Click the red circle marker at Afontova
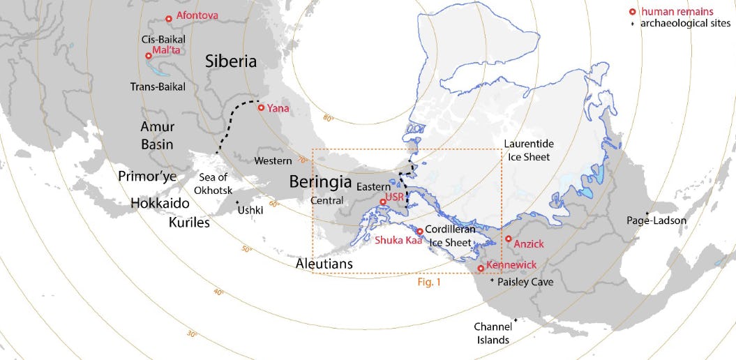pyautogui.click(x=168, y=19)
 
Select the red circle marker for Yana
pyautogui.click(x=261, y=107)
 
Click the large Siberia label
pyautogui.click(x=231, y=61)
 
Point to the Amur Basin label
pyautogui.click(x=157, y=136)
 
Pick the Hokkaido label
pyautogui.click(x=160, y=204)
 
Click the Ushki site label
pyautogui.click(x=251, y=209)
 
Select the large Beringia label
pyautogui.click(x=320, y=183)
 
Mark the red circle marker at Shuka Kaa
pyautogui.click(x=419, y=231)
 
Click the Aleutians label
pyautogui.click(x=324, y=264)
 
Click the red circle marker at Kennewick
pyautogui.click(x=480, y=268)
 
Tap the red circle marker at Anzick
pyautogui.click(x=508, y=239)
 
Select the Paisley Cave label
pyautogui.click(x=525, y=282)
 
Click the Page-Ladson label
pyautogui.click(x=656, y=220)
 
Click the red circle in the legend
pyautogui.click(x=633, y=12)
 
